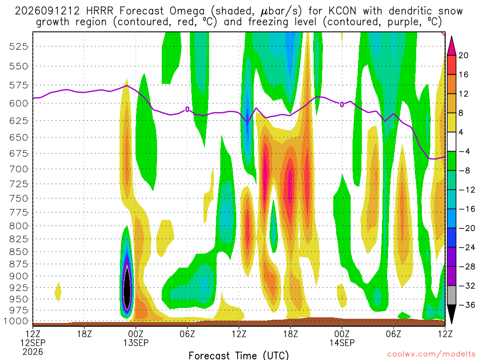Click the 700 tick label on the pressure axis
coord(19,169)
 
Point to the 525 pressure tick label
coord(19,46)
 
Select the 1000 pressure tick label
coord(16,321)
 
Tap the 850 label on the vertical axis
coord(19,252)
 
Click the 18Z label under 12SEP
coord(84,334)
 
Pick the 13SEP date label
coord(136,343)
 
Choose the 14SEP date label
coord(342,343)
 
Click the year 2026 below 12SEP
coord(33,352)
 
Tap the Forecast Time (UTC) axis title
coord(239,355)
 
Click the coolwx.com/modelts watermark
coord(431,354)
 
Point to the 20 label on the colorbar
coord(463,55)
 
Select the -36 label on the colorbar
coord(466,305)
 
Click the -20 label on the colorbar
coord(466,228)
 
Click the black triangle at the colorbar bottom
coord(451,314)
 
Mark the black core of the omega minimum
coord(127,288)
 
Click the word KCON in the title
coord(342,11)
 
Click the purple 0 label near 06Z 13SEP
coord(187,110)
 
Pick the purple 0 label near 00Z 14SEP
coord(342,105)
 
